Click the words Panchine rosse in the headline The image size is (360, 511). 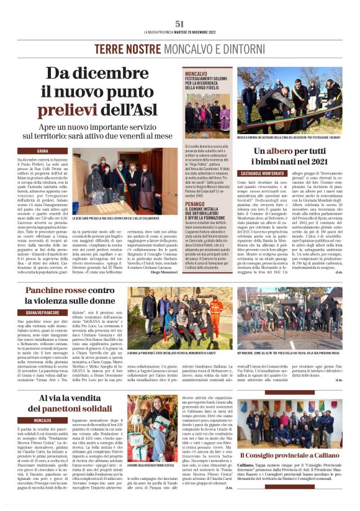53,291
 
